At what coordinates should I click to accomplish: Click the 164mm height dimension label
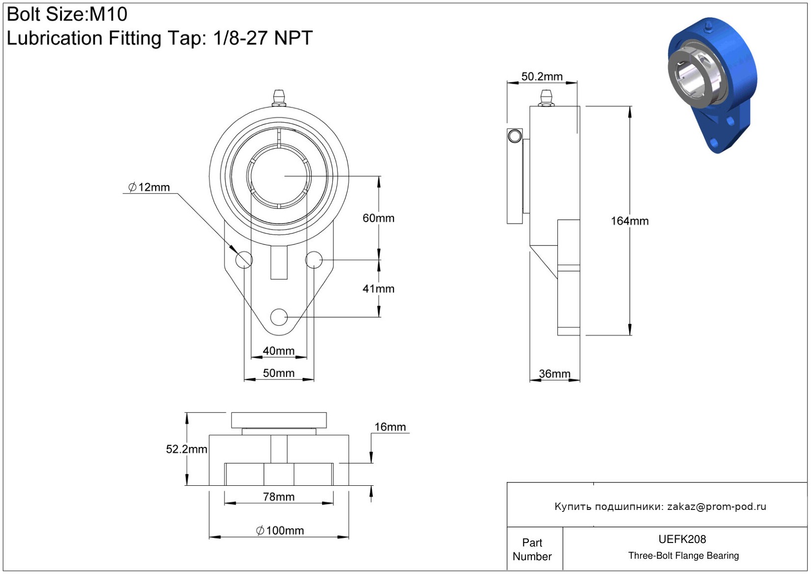click(630, 221)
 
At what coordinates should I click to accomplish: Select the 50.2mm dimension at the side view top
click(542, 76)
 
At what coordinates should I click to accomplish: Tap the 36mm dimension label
click(554, 373)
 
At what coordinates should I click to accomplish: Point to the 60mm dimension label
click(378, 218)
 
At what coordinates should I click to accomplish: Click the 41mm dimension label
click(378, 289)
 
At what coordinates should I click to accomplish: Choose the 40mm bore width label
click(278, 351)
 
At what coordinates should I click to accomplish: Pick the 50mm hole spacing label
click(278, 373)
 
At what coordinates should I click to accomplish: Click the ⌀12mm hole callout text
click(149, 187)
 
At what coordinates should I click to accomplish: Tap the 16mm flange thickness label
click(390, 427)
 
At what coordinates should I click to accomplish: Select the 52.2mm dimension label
click(187, 449)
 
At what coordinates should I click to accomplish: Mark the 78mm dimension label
click(278, 497)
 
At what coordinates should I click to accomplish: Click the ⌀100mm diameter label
click(280, 531)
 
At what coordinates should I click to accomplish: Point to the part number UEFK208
click(682, 539)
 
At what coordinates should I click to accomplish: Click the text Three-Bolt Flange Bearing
click(683, 555)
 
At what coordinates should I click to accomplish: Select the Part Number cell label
click(532, 549)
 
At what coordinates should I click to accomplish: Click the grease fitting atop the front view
click(278, 98)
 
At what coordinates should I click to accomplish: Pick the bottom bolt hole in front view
click(278, 317)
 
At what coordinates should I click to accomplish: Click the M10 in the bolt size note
click(108, 14)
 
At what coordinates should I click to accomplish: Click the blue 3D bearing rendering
click(712, 85)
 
